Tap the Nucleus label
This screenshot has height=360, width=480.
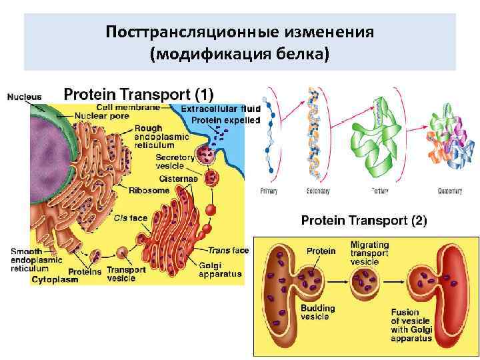pos(24,97)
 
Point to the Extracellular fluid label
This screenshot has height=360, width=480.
pos(213,109)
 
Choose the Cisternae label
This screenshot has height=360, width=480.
pos(177,178)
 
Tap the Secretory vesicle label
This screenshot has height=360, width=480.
pos(175,162)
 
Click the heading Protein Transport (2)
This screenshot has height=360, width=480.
pos(364,219)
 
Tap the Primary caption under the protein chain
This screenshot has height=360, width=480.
pos(269,191)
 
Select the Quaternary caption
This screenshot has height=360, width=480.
pos(450,191)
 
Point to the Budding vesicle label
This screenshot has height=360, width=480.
pos(317,313)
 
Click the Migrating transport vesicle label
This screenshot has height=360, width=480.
pos(369,253)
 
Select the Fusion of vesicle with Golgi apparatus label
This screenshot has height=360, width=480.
pos(411,325)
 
